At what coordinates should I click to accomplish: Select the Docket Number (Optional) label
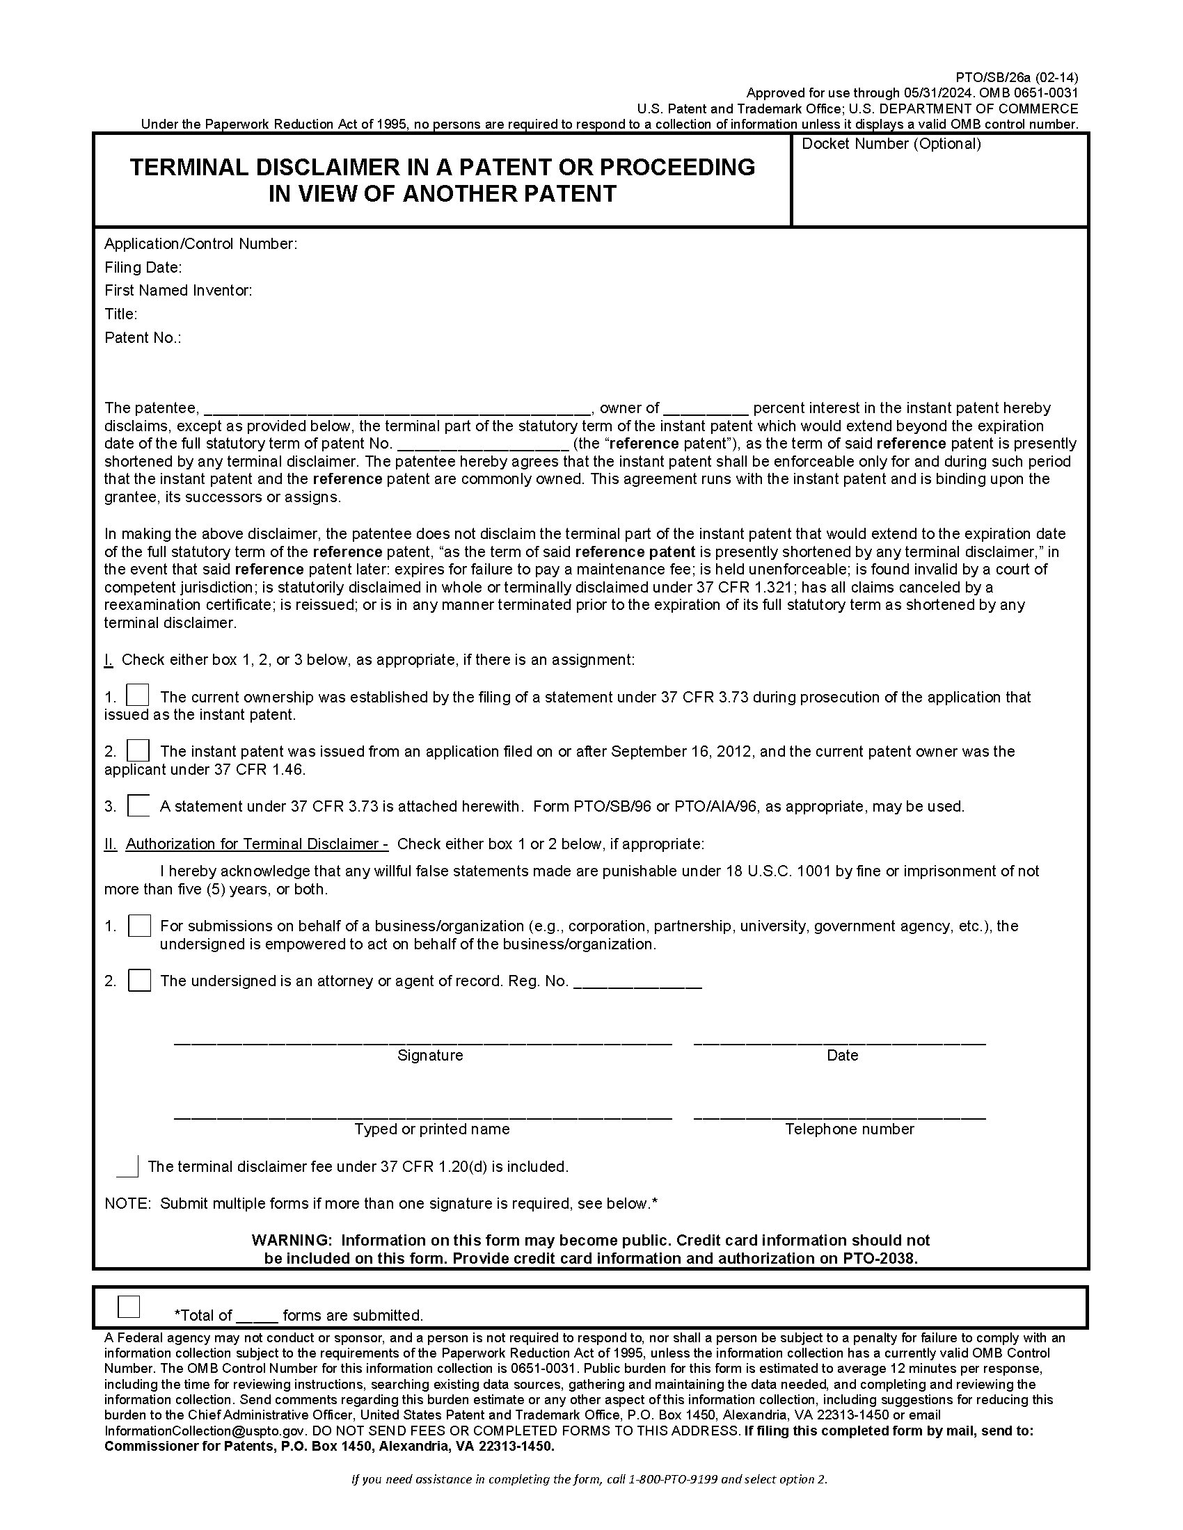[x=891, y=144]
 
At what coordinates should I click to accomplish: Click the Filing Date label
[x=143, y=267]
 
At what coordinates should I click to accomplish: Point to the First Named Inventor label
[x=178, y=290]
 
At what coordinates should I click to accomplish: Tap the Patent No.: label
[x=143, y=338]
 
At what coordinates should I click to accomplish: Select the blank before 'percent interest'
[x=706, y=409]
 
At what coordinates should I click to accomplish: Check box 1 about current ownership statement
[x=138, y=695]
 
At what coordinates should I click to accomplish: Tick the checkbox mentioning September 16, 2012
[x=138, y=750]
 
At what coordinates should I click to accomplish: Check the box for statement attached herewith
[x=138, y=805]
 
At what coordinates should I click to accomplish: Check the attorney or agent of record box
[x=139, y=980]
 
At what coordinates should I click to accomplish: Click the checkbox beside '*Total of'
[x=129, y=1307]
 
